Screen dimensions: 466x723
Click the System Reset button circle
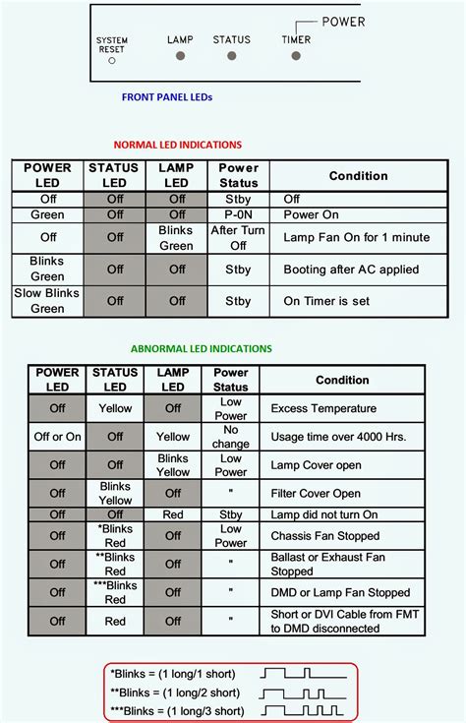[x=112, y=60]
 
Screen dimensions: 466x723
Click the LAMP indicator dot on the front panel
[x=181, y=55]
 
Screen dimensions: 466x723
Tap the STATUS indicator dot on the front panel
[x=232, y=55]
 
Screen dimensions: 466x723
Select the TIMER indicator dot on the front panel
[x=296, y=55]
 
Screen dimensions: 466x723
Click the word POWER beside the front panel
[x=343, y=22]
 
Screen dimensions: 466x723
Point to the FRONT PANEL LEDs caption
[x=167, y=97]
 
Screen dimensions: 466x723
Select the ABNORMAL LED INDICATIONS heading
[x=201, y=348]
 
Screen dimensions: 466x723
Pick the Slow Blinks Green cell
[x=48, y=301]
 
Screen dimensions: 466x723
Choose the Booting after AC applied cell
[x=350, y=270]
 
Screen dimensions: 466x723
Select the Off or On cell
[x=57, y=437]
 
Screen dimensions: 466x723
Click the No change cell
[x=231, y=437]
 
